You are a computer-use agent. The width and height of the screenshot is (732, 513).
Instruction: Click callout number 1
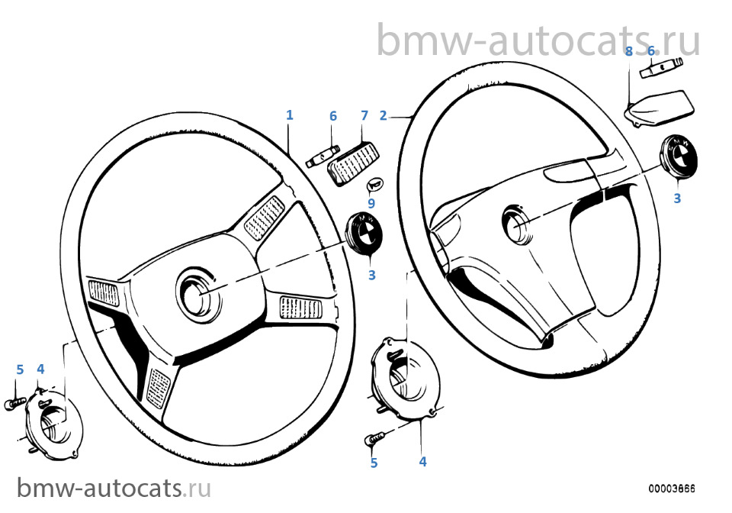coord(290,115)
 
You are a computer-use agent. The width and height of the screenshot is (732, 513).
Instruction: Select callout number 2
coord(384,115)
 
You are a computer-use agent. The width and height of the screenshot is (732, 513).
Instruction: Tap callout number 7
coord(364,115)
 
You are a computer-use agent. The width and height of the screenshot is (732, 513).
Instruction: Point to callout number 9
coord(371,203)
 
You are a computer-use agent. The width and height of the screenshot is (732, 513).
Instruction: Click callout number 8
coord(629,51)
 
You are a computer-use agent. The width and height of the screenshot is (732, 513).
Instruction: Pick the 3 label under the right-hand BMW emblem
coord(677,198)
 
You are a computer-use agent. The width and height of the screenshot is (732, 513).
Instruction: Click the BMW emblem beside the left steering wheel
coord(363,232)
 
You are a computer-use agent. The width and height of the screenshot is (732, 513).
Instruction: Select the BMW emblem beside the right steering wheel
coord(679,155)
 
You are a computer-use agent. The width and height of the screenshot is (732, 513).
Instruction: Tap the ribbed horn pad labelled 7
coord(353,163)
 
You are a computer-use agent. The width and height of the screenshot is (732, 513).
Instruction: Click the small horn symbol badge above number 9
coord(375,185)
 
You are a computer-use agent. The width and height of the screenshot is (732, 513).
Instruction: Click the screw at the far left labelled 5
coord(14,403)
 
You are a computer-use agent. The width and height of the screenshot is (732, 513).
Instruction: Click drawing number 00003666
coord(671,489)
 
